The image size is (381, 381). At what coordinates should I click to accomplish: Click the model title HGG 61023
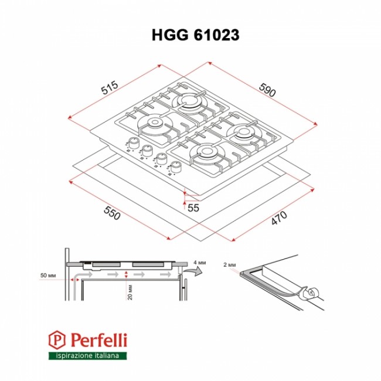[x=196, y=35]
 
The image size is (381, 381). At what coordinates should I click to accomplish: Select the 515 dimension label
[x=110, y=87]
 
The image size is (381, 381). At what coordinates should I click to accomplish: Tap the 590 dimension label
[x=267, y=90]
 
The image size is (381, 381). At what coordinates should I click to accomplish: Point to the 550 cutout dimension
[x=112, y=213]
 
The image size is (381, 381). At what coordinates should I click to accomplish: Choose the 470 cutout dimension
[x=279, y=218]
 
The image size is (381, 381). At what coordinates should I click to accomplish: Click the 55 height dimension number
[x=193, y=207]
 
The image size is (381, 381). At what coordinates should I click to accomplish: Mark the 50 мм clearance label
[x=48, y=275]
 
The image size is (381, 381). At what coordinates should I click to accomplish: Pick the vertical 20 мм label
[x=130, y=292]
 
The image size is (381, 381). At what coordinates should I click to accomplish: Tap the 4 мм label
[x=200, y=263]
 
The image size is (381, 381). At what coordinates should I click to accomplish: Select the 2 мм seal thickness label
[x=229, y=264]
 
